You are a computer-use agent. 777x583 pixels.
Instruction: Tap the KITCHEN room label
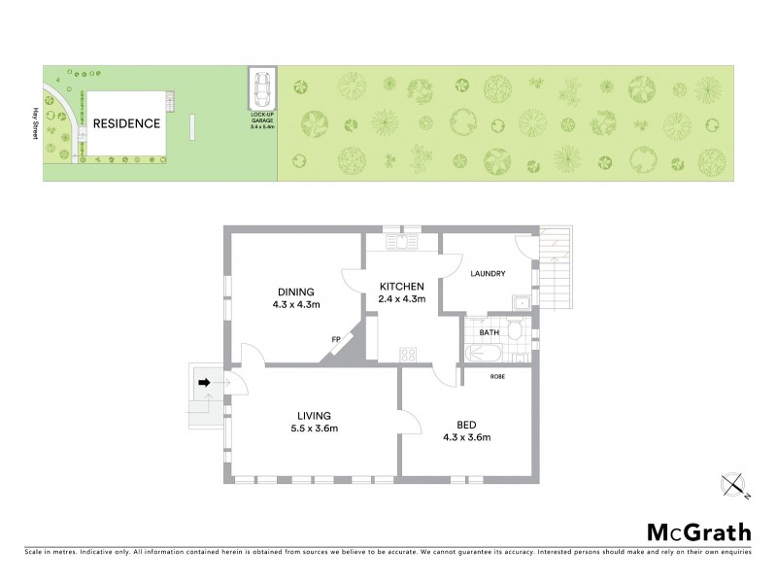[x=401, y=286]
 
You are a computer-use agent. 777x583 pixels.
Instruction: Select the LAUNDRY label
[x=488, y=274]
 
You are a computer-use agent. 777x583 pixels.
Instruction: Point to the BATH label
[x=490, y=332]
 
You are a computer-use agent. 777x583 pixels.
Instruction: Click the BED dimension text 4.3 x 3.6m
[x=466, y=437]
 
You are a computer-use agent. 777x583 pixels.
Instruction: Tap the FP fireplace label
[x=336, y=339]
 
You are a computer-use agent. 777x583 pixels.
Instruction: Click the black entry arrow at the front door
[x=204, y=383]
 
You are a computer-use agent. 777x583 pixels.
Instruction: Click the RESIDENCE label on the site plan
[x=125, y=123]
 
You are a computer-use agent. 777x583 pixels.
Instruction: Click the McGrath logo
[x=699, y=532]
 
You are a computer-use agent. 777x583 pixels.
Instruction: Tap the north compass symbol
[x=733, y=484]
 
